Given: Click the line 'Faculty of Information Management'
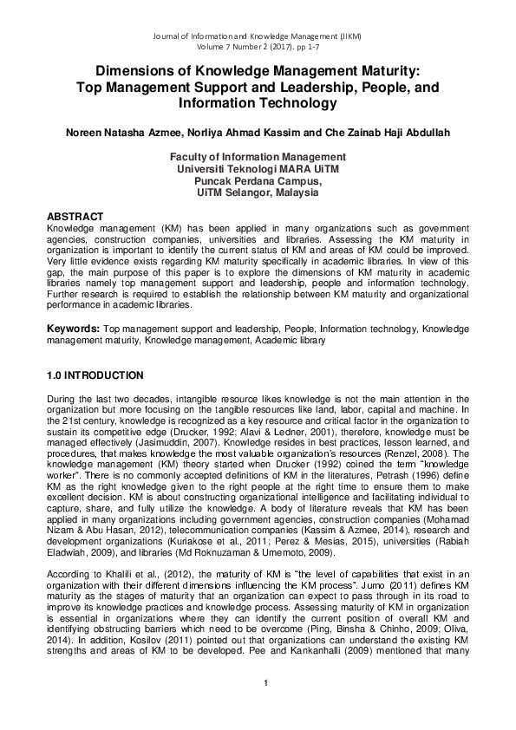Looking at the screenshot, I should [x=258, y=157].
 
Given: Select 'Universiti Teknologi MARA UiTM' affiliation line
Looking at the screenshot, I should [x=258, y=169].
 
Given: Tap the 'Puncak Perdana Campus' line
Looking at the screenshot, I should [x=258, y=181].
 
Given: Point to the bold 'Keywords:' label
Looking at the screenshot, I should [x=73, y=330].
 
